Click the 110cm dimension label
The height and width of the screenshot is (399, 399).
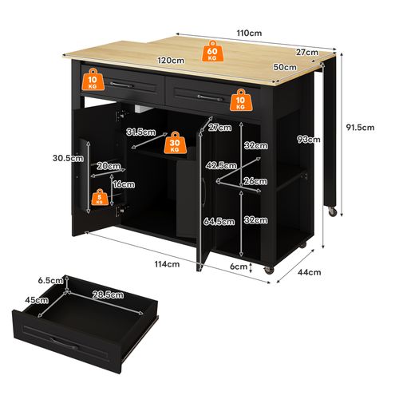(x=250, y=33)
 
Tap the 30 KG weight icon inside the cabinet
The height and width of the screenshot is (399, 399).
(x=175, y=144)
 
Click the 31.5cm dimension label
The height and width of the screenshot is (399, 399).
(x=139, y=132)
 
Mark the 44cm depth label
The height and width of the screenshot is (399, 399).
(x=310, y=272)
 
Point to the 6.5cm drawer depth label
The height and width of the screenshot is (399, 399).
(x=49, y=281)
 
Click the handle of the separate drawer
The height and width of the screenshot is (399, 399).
(x=67, y=342)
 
